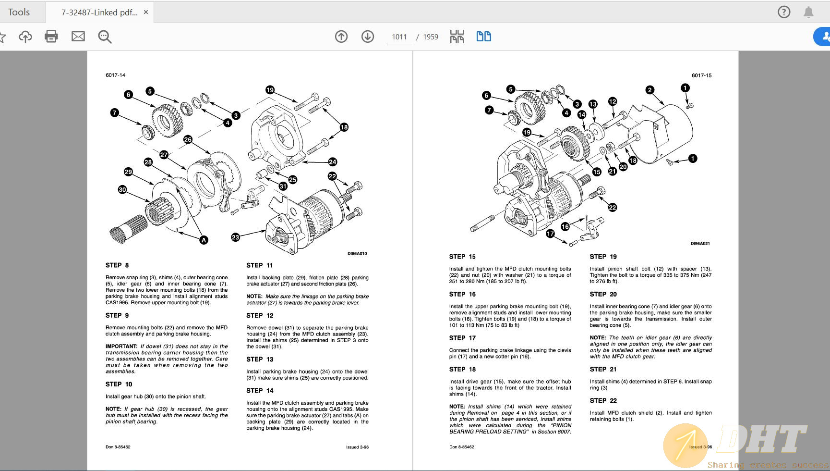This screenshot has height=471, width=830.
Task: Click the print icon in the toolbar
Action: [51, 37]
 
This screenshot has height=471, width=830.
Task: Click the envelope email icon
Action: [78, 37]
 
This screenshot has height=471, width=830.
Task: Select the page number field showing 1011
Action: [399, 37]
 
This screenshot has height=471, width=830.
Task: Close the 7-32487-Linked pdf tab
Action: [146, 12]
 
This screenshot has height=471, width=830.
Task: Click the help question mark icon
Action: [783, 12]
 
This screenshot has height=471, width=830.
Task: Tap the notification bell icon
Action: [808, 12]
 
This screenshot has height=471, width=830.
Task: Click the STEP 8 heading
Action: [117, 265]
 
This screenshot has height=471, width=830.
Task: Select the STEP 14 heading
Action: [260, 391]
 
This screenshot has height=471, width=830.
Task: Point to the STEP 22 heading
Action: [603, 401]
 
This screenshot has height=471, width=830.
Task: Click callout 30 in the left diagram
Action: [122, 190]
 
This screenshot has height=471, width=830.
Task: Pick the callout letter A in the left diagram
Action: [204, 240]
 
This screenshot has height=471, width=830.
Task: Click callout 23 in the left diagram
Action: [235, 237]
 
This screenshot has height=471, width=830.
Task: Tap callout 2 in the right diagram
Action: [650, 90]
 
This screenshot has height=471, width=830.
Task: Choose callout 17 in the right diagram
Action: [550, 234]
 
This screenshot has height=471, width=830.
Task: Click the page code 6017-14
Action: [115, 75]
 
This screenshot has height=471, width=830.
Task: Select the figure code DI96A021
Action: [700, 244]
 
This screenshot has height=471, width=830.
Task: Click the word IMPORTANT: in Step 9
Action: [121, 347]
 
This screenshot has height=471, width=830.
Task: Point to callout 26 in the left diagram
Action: [188, 139]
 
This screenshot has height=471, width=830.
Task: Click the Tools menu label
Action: [19, 12]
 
